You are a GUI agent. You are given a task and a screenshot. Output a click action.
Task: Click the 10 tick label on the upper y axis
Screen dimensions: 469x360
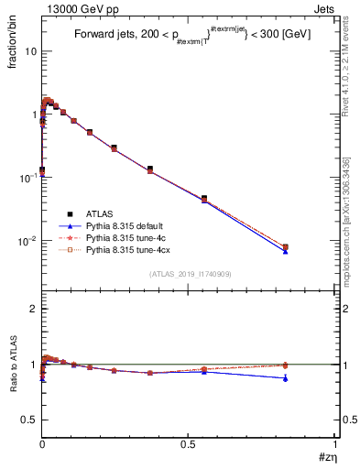[x=29, y=51]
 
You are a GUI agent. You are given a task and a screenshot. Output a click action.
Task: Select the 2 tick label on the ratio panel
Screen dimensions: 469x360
[x=32, y=310]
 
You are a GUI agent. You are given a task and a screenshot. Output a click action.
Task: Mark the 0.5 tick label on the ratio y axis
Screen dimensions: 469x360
[x=27, y=420]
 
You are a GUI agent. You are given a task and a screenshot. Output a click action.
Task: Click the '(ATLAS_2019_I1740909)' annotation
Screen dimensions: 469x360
[x=189, y=274]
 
